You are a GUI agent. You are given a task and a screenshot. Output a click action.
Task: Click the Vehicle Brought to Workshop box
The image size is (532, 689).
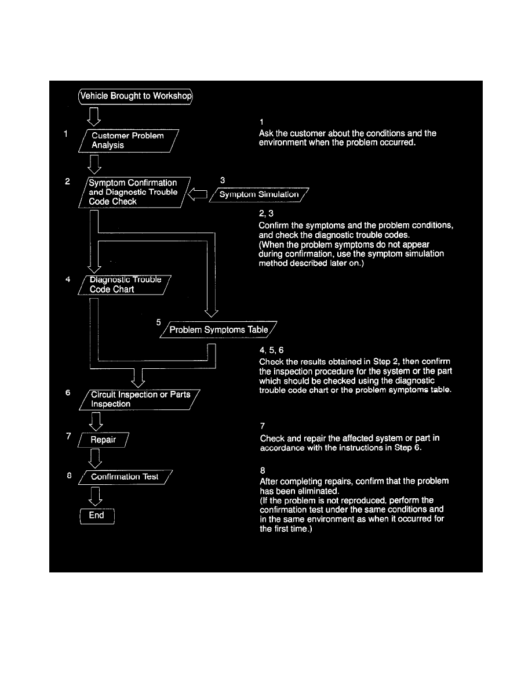click(x=136, y=96)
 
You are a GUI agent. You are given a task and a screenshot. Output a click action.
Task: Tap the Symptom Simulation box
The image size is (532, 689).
click(x=259, y=194)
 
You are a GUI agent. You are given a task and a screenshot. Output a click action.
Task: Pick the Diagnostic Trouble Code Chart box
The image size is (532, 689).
click(x=125, y=284)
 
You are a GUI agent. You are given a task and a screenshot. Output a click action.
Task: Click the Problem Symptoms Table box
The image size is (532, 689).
click(x=218, y=329)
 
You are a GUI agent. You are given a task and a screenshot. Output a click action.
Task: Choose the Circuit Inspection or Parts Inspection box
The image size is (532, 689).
click(x=140, y=399)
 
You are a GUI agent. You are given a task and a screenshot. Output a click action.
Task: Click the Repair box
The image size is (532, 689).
click(x=103, y=440)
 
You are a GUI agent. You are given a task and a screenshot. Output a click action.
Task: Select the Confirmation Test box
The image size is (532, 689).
click(x=125, y=477)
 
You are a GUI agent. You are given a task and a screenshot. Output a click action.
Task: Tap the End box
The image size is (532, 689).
click(x=96, y=515)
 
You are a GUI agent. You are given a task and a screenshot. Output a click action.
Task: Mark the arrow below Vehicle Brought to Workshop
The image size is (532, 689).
click(x=94, y=116)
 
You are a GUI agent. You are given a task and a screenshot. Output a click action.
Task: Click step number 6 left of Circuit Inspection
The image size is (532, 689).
click(x=68, y=392)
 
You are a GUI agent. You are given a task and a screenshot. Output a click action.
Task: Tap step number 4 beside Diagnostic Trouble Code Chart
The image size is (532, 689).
click(x=68, y=278)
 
